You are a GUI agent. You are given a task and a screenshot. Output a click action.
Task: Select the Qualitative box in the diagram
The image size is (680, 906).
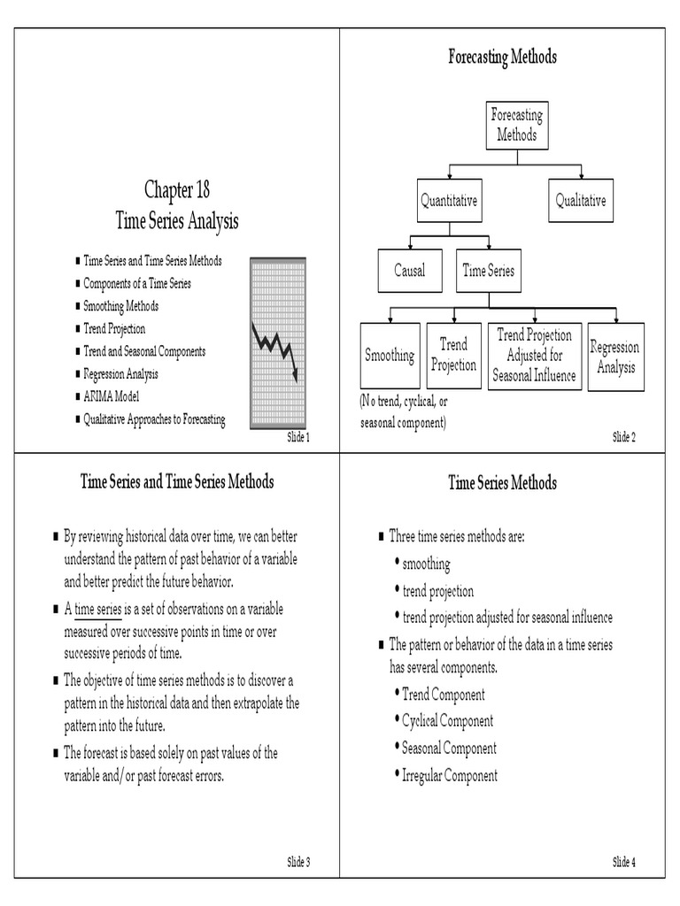581,201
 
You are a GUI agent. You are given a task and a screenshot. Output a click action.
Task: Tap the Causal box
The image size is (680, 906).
409,271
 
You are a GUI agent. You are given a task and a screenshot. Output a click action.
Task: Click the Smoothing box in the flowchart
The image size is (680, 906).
390,356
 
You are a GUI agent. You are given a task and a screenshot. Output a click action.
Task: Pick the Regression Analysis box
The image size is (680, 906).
615,357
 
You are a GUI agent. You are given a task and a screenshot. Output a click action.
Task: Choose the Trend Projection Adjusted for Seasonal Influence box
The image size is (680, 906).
535,356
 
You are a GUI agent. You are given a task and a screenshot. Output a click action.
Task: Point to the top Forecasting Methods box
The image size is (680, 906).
516,126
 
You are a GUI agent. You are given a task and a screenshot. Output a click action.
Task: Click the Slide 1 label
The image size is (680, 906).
298,438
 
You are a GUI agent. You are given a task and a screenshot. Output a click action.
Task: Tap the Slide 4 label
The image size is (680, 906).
624,862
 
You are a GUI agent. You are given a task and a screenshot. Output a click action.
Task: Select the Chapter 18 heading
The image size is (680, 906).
177,189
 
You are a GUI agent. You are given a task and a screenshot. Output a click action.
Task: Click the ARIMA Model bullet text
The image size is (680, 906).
112,396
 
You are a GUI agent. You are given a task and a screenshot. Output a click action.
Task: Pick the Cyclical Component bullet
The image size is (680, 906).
447,721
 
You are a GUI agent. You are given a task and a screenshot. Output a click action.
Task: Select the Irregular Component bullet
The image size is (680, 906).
449,776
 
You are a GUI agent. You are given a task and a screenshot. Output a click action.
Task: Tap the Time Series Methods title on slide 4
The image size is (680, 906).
502,483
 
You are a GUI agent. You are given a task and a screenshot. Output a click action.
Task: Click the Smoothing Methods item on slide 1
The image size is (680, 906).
121,306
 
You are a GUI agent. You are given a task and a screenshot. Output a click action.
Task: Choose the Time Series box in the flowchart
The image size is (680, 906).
488,271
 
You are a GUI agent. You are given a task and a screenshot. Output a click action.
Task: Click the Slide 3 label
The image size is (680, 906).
298,862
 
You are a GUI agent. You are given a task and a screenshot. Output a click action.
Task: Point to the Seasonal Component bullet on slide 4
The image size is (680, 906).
449,749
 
